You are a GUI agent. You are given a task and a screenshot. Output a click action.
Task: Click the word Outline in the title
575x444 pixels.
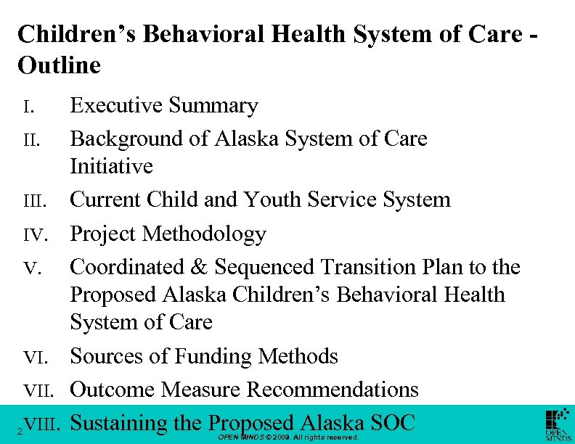click(x=59, y=65)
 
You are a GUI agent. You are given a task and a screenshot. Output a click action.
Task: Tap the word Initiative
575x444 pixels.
click(x=111, y=166)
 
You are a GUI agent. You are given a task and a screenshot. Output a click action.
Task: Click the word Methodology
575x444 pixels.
click(x=205, y=234)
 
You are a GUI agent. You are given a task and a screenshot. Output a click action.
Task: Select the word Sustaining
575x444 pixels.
click(x=119, y=422)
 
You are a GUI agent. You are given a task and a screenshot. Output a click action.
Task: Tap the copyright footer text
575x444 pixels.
click(x=288, y=438)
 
